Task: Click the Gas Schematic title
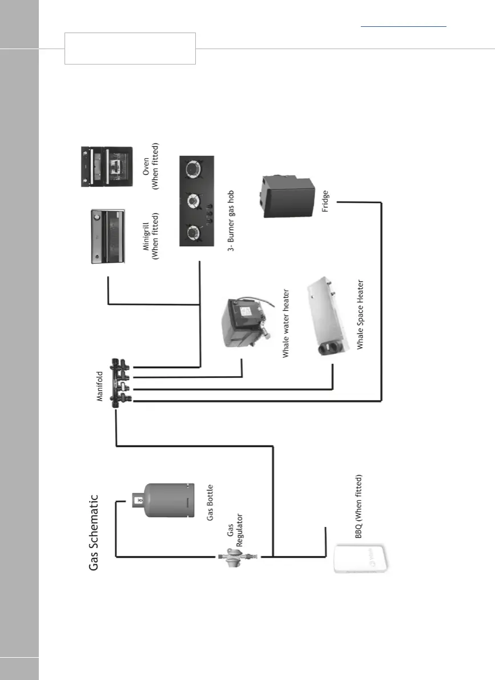pyautogui.click(x=94, y=532)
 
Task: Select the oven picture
pyautogui.click(x=111, y=167)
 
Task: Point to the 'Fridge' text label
pyautogui.click(x=325, y=203)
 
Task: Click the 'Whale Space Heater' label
pyautogui.click(x=360, y=314)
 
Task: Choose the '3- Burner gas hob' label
pyautogui.click(x=231, y=220)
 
